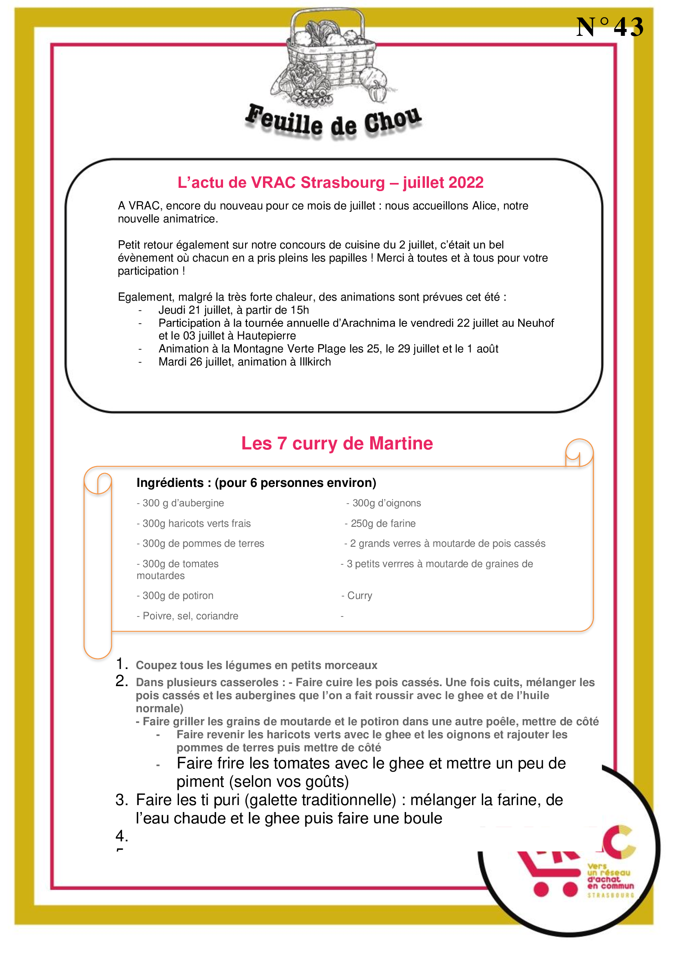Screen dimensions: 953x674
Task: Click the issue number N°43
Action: [x=609, y=27]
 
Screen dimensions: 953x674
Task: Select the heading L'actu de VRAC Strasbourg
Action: [x=330, y=183]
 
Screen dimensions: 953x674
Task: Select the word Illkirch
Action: [x=315, y=362]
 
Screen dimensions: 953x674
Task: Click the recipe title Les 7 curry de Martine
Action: [x=337, y=443]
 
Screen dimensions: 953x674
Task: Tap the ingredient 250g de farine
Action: [x=382, y=524]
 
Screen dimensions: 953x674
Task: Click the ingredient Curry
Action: [x=359, y=596]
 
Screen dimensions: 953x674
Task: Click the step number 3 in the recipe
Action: [x=121, y=800]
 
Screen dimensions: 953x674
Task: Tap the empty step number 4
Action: [x=121, y=836]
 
